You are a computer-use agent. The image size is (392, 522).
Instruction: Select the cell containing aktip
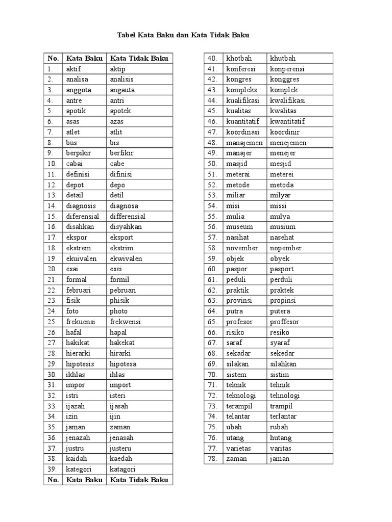[117, 69]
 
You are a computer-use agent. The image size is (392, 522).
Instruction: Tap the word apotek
[120, 111]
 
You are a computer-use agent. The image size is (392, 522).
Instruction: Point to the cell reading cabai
[74, 164]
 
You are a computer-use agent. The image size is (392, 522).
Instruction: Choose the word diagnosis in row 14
[81, 206]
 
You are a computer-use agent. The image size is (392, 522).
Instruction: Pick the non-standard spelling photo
[118, 311]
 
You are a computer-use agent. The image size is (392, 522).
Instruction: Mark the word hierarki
[78, 353]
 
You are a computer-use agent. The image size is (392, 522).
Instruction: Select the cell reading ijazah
[76, 406]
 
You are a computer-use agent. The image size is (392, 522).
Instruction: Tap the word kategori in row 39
[79, 469]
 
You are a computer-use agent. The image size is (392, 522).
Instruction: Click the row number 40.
[213, 58]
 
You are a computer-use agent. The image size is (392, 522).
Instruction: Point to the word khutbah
[283, 58]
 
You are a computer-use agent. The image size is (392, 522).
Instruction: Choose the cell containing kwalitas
[283, 111]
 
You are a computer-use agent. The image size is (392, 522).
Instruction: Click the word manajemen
[244, 143]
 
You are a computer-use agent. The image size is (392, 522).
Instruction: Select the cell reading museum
[239, 227]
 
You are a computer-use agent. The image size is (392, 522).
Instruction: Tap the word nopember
[286, 248]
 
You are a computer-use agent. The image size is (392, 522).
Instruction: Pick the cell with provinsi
[239, 301]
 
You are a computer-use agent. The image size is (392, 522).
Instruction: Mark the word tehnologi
[285, 396]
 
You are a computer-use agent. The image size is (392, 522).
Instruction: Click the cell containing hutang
[281, 437]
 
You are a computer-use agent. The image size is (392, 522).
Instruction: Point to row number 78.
[213, 459]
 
